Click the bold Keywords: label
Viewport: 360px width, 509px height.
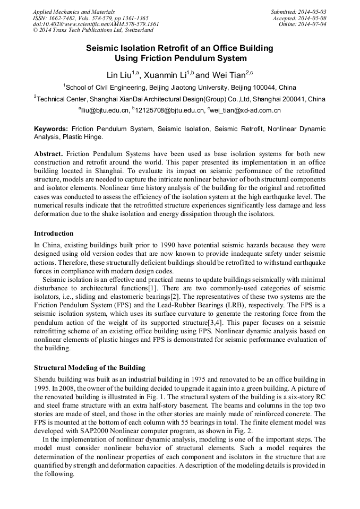click(51, 129)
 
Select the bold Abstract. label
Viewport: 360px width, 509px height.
click(49, 153)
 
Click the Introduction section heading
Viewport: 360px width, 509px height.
click(54, 233)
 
